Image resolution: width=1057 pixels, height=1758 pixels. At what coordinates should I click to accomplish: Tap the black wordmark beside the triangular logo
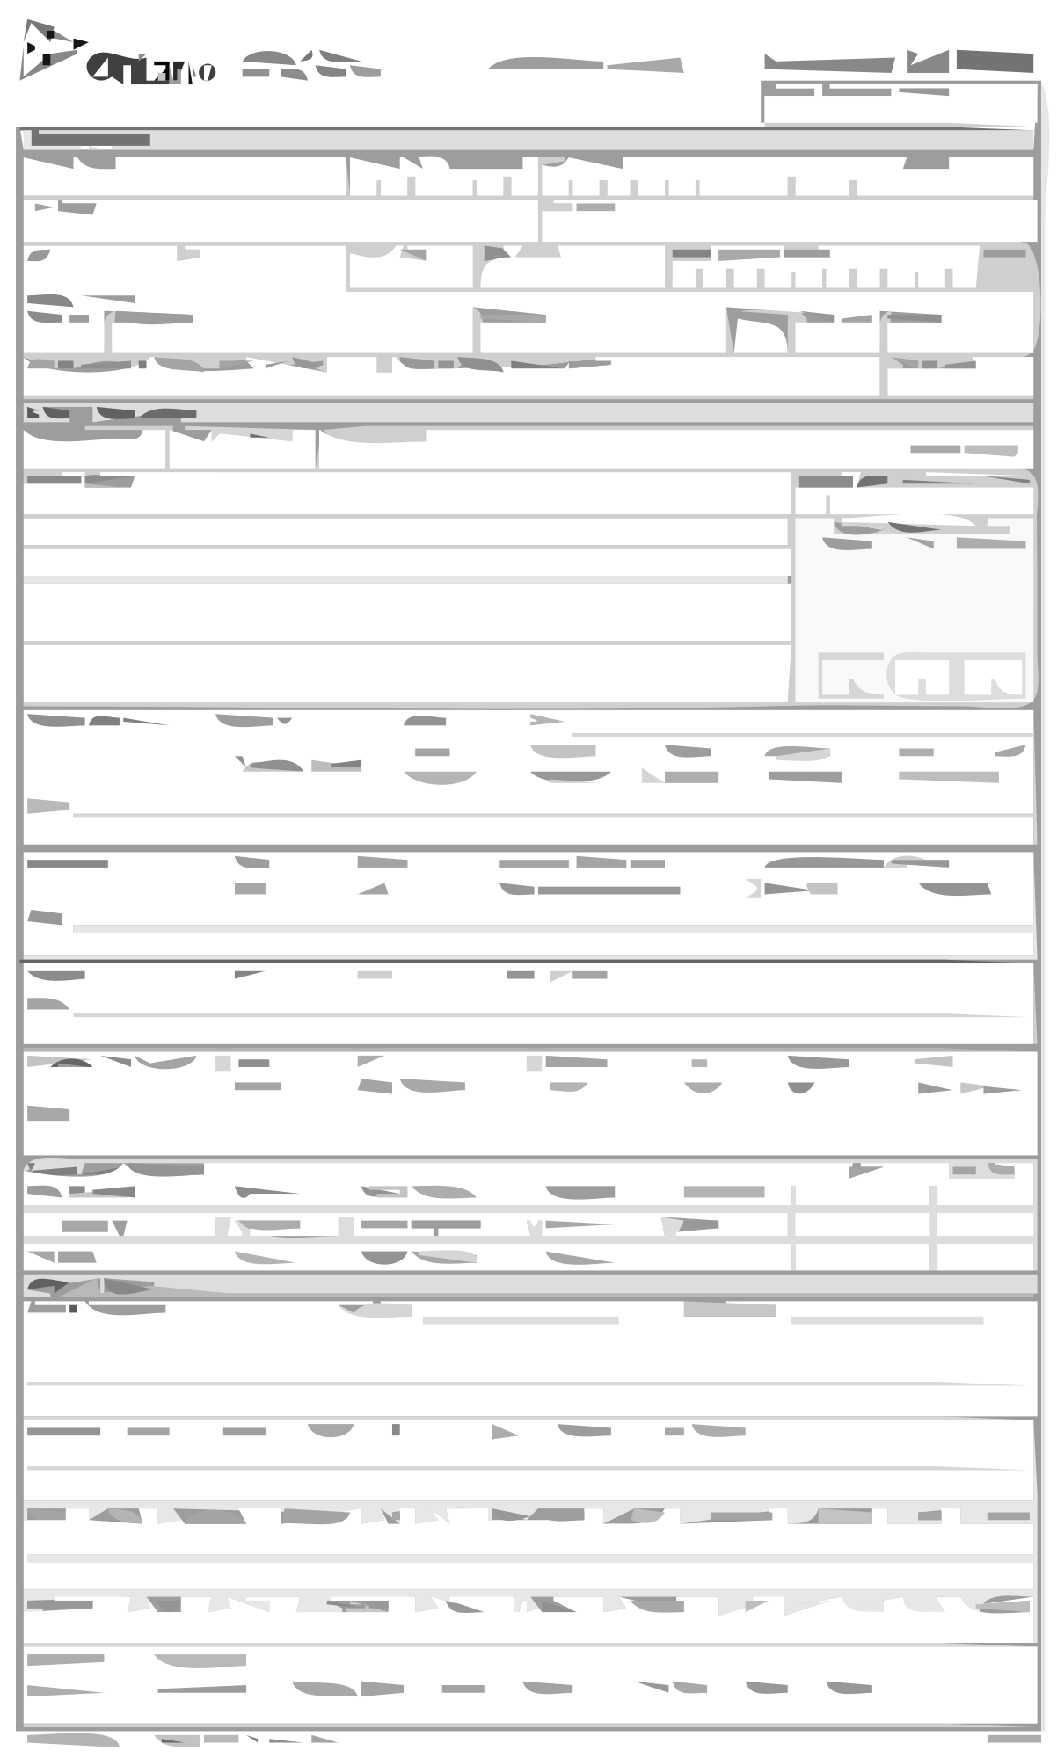151,69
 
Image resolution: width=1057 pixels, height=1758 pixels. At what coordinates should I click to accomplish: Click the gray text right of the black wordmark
310,65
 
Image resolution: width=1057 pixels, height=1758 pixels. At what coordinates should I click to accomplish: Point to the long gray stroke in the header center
586,64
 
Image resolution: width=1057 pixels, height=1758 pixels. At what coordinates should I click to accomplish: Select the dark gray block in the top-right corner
995,62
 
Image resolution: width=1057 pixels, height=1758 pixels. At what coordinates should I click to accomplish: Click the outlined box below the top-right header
900,104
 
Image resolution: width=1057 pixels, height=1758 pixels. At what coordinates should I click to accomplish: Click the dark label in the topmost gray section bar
91,140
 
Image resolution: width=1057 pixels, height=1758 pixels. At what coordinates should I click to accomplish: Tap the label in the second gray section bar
110,413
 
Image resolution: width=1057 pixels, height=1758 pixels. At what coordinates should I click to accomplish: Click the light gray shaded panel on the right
915,598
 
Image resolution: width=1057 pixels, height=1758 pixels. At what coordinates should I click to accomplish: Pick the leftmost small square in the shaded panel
850,676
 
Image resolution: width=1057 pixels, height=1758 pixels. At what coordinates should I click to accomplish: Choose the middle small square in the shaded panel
922,676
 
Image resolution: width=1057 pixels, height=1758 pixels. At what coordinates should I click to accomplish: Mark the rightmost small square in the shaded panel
995,676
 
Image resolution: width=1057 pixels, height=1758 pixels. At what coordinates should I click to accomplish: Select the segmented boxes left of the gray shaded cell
822,277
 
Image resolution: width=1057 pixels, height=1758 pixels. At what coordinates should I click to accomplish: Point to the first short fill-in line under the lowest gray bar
521,1320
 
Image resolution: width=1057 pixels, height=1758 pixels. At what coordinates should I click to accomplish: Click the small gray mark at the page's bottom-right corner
1013,1739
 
